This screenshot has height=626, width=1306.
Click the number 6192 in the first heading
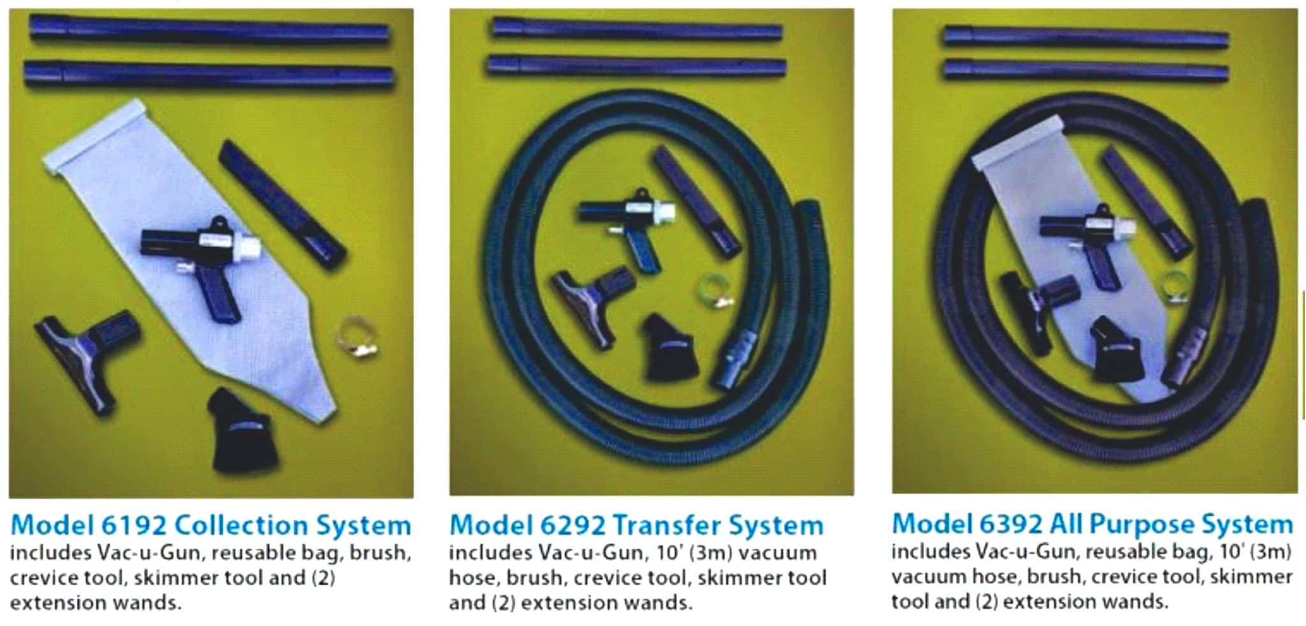133,525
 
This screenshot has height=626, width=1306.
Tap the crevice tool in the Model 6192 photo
281,204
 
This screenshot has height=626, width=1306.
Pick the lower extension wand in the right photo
1085,71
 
